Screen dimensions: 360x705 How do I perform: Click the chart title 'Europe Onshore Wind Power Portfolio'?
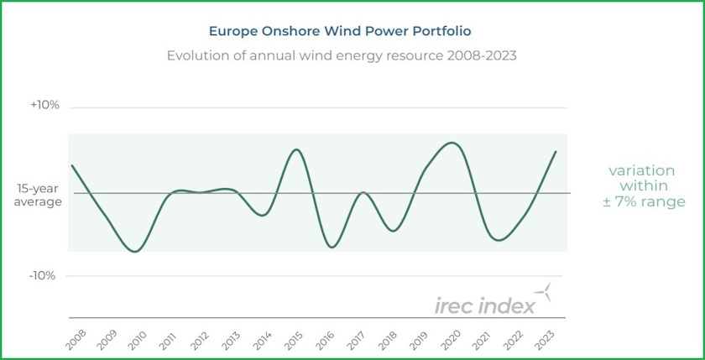[x=340, y=31]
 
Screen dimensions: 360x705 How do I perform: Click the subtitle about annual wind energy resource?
[x=341, y=55]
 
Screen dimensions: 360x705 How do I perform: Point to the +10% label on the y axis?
[x=44, y=106]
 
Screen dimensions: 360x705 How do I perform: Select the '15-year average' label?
[x=38, y=196]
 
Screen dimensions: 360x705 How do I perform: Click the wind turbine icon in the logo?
[x=546, y=292]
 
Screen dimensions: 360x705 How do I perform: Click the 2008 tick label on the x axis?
[x=76, y=339]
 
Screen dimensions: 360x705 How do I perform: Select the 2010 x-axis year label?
[x=138, y=339]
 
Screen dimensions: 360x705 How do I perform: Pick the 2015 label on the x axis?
[x=295, y=339]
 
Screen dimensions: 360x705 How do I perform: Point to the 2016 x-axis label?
[x=326, y=339]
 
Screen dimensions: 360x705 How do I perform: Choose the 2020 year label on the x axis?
[x=452, y=339]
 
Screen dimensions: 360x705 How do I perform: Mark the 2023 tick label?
[x=546, y=339]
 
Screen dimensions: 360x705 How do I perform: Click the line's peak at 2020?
[x=452, y=143]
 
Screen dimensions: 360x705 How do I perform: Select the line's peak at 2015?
[x=296, y=149]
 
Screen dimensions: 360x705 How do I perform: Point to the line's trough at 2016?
[x=332, y=247]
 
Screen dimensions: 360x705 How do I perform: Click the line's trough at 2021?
[x=499, y=240]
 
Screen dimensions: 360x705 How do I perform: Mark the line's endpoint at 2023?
[x=556, y=152]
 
